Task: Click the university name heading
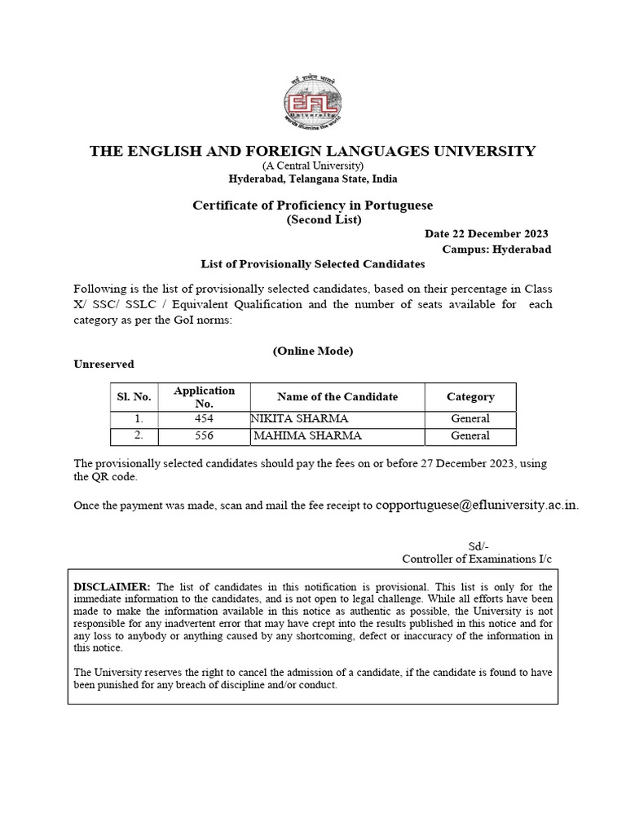(312, 151)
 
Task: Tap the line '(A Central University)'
(312, 166)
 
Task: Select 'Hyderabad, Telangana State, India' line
(312, 179)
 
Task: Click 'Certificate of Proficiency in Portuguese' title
(312, 205)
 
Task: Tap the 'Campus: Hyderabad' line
(496, 249)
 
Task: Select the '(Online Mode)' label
(312, 351)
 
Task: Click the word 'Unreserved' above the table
(104, 364)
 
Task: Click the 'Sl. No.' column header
(134, 397)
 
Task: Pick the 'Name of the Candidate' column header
(337, 397)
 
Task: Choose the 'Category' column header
(470, 397)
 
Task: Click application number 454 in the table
(204, 419)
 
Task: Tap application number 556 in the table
(204, 436)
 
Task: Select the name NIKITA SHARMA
(299, 419)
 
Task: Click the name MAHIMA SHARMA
(307, 436)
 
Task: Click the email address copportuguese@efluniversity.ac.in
(477, 505)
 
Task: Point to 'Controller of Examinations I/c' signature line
(477, 559)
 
